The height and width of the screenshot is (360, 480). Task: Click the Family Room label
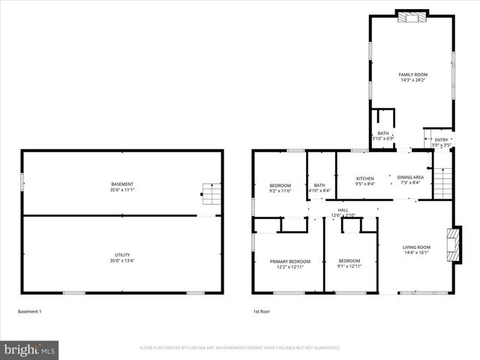(x=412, y=75)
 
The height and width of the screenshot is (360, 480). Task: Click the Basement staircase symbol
(x=211, y=195)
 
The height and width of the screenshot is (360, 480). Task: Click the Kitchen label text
(x=364, y=178)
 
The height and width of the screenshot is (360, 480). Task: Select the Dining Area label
(x=410, y=178)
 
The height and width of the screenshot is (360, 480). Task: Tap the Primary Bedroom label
(x=289, y=261)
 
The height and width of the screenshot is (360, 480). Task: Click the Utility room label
(x=122, y=256)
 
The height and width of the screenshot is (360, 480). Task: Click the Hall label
(x=343, y=210)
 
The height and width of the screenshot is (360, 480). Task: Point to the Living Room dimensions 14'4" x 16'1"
(x=416, y=253)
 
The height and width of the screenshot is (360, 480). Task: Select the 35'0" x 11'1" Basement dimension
(x=122, y=190)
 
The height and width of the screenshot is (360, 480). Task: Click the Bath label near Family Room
(x=383, y=133)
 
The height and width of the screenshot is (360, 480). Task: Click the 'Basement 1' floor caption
(x=30, y=311)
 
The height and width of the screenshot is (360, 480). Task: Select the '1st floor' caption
(x=261, y=311)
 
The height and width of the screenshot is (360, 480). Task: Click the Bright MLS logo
(x=30, y=349)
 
